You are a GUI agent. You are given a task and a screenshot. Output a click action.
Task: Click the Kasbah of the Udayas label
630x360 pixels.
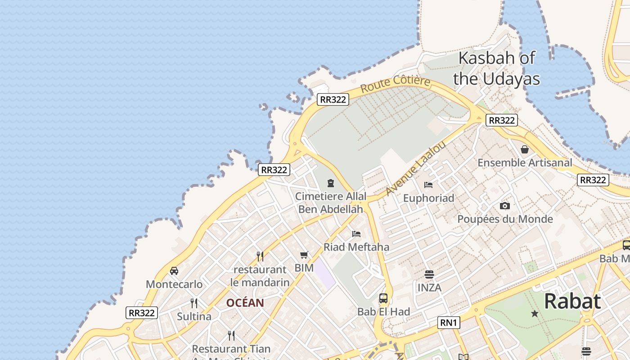point(496,68)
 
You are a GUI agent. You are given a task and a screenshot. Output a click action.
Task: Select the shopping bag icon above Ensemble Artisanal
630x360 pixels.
point(525,149)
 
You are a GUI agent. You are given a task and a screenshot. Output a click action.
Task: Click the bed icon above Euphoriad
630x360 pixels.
point(428,184)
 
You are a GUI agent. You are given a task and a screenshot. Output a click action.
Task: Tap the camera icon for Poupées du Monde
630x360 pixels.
point(505,206)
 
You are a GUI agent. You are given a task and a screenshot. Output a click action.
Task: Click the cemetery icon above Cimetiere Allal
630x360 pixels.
point(331,183)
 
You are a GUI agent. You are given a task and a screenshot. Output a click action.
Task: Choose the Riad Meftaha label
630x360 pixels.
point(356,247)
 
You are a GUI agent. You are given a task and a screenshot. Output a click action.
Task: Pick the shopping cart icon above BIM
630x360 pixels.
point(304,255)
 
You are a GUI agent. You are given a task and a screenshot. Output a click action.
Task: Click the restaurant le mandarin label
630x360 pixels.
point(260,276)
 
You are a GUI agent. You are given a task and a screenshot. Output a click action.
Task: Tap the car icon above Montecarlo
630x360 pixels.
point(174,271)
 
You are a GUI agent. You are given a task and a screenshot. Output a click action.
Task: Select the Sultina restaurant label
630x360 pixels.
point(194,316)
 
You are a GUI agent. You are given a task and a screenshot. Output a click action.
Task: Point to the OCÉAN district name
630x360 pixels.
point(245,303)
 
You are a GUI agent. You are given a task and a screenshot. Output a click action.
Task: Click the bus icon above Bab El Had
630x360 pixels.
point(383,298)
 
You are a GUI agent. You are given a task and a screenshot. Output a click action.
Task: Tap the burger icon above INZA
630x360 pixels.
point(429,274)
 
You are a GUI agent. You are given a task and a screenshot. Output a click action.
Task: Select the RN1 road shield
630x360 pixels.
point(449,322)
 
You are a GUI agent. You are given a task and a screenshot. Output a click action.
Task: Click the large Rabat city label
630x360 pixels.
point(572,301)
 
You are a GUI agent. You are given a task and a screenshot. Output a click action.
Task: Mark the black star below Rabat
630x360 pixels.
point(535,313)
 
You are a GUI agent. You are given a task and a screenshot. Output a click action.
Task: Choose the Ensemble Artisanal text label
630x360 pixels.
point(525,162)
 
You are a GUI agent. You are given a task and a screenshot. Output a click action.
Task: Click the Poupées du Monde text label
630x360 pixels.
point(505,219)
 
